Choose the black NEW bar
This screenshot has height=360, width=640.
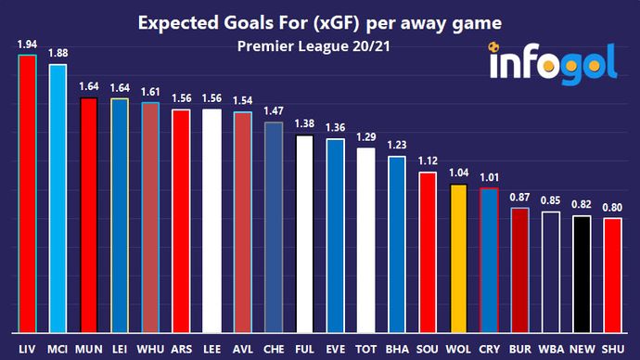(x=582, y=273)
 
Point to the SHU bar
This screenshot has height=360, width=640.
(x=612, y=275)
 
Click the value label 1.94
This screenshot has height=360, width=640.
(x=27, y=45)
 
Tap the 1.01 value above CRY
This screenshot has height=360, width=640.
(x=488, y=176)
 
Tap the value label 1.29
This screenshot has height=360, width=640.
(x=365, y=137)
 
